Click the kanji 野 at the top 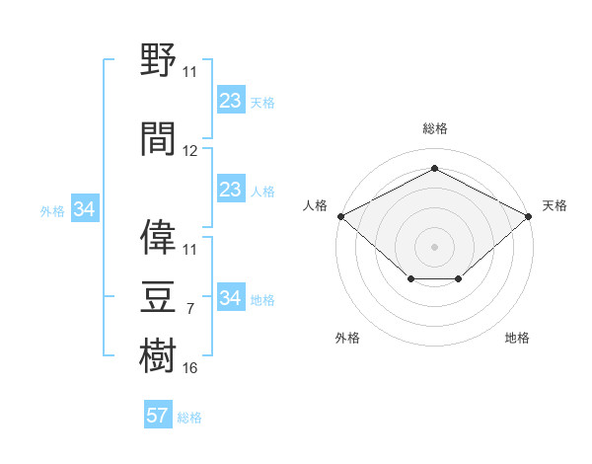[x=158, y=59]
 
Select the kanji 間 [x=158, y=138]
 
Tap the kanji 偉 [x=158, y=237]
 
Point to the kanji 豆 [x=158, y=296]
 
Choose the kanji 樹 [x=158, y=355]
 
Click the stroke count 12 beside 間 [x=189, y=151]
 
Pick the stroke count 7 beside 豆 [x=190, y=309]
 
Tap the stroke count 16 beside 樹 [x=189, y=368]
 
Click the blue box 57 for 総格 [x=158, y=414]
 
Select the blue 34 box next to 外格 [x=85, y=208]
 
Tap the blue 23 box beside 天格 [x=231, y=100]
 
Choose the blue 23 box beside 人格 [x=231, y=189]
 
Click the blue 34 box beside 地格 [x=231, y=296]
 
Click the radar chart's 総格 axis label [x=435, y=128]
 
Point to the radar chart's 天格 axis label [x=555, y=205]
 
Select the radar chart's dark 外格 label [x=347, y=338]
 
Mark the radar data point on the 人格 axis [x=341, y=216]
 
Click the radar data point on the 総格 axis [x=434, y=168]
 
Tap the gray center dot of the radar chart [x=434, y=247]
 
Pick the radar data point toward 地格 [x=458, y=278]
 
